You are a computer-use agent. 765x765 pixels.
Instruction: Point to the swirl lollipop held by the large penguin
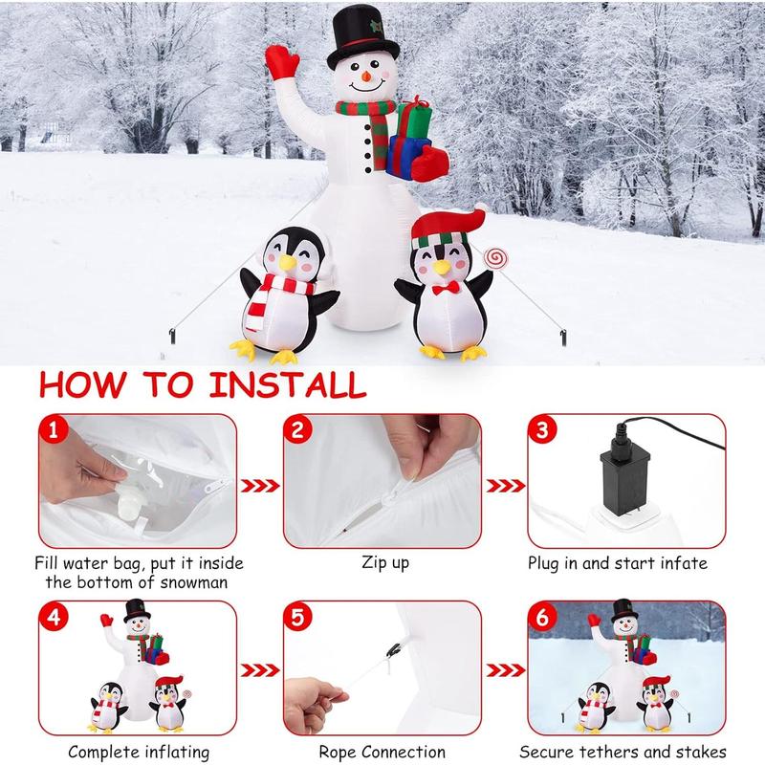495,258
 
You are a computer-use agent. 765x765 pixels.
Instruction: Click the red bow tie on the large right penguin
442,287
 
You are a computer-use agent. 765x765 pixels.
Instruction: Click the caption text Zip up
385,562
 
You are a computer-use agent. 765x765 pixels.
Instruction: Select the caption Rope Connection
382,752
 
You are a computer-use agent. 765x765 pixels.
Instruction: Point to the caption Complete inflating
139,752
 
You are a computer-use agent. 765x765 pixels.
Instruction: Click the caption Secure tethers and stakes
624,752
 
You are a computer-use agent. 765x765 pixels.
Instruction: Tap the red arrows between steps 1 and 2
259,484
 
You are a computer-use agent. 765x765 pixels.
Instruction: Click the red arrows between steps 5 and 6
503,671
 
